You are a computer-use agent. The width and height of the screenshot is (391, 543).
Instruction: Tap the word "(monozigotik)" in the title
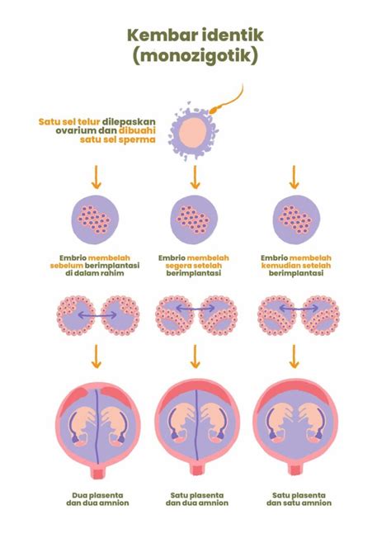coord(195,55)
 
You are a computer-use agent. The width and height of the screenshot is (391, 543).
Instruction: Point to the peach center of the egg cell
coord(193,134)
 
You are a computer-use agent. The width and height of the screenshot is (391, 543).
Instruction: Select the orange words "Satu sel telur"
coord(69,122)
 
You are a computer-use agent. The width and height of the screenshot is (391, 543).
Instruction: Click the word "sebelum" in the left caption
coord(67,266)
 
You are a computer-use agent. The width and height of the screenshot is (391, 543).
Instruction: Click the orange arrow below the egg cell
coord(195,177)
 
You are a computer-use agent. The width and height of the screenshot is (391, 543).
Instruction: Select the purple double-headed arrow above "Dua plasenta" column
coord(97,315)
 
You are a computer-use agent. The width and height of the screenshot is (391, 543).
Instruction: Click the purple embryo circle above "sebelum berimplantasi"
coord(95,220)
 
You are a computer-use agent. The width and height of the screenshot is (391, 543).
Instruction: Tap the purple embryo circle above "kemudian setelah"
coord(296,220)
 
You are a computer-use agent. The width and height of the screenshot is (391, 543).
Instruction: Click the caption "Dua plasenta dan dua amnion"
coord(97,499)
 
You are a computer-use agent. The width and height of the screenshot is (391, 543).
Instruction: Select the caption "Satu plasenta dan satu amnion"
coord(299,499)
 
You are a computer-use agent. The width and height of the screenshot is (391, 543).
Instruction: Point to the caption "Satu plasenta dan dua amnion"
coord(197,499)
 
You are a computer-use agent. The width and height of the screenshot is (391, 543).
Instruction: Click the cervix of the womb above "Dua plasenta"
coord(98,471)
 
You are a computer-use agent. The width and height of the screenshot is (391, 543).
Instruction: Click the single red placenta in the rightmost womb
coord(295,390)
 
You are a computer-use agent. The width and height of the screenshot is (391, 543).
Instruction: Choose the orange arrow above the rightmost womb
coord(294,356)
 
